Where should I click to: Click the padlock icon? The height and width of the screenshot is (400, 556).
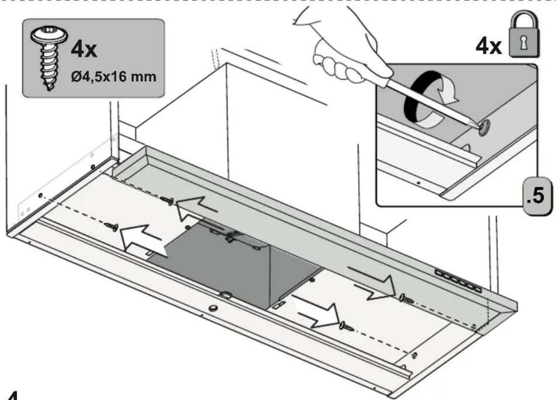coord(524,34)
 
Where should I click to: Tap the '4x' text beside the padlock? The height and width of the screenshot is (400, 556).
coord(489,46)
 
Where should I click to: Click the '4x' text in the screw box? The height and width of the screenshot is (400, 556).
coord(84,50)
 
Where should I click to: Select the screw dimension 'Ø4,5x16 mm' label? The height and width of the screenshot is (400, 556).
coord(114,77)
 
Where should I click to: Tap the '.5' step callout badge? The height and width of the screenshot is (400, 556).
coord(538,196)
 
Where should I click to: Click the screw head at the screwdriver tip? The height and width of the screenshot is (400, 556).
coord(484,128)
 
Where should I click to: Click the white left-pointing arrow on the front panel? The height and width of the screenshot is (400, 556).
coord(141,240)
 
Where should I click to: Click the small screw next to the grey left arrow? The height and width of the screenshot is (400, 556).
coord(167,200)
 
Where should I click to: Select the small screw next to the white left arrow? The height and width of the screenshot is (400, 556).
coord(111,226)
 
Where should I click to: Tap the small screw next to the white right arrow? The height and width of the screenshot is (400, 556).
coord(347,327)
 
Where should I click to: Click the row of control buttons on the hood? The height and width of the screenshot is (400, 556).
coord(458,281)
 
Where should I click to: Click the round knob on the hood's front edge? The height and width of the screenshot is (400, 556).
coord(213,309)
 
